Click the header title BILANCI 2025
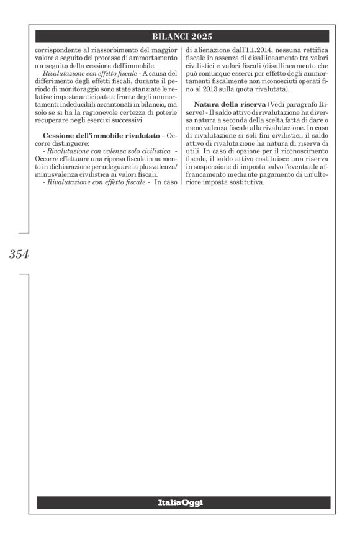point(182,35)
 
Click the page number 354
point(19,254)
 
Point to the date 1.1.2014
point(255,47)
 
